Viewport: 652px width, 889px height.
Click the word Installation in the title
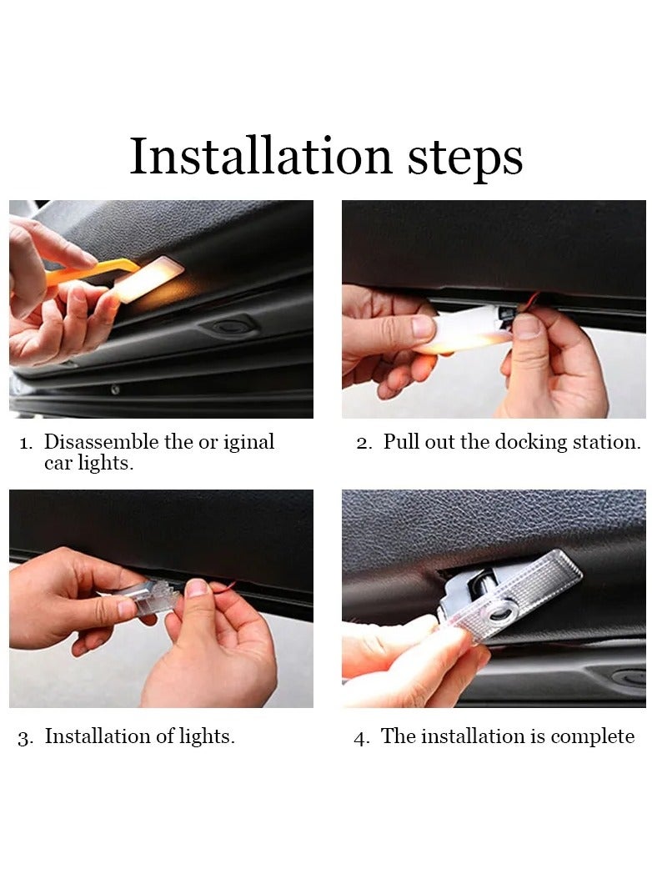(260, 157)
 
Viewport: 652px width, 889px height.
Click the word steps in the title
(464, 158)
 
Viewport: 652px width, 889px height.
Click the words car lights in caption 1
(88, 464)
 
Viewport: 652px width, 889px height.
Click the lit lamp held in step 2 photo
(467, 329)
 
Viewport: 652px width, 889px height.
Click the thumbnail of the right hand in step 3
(197, 588)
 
